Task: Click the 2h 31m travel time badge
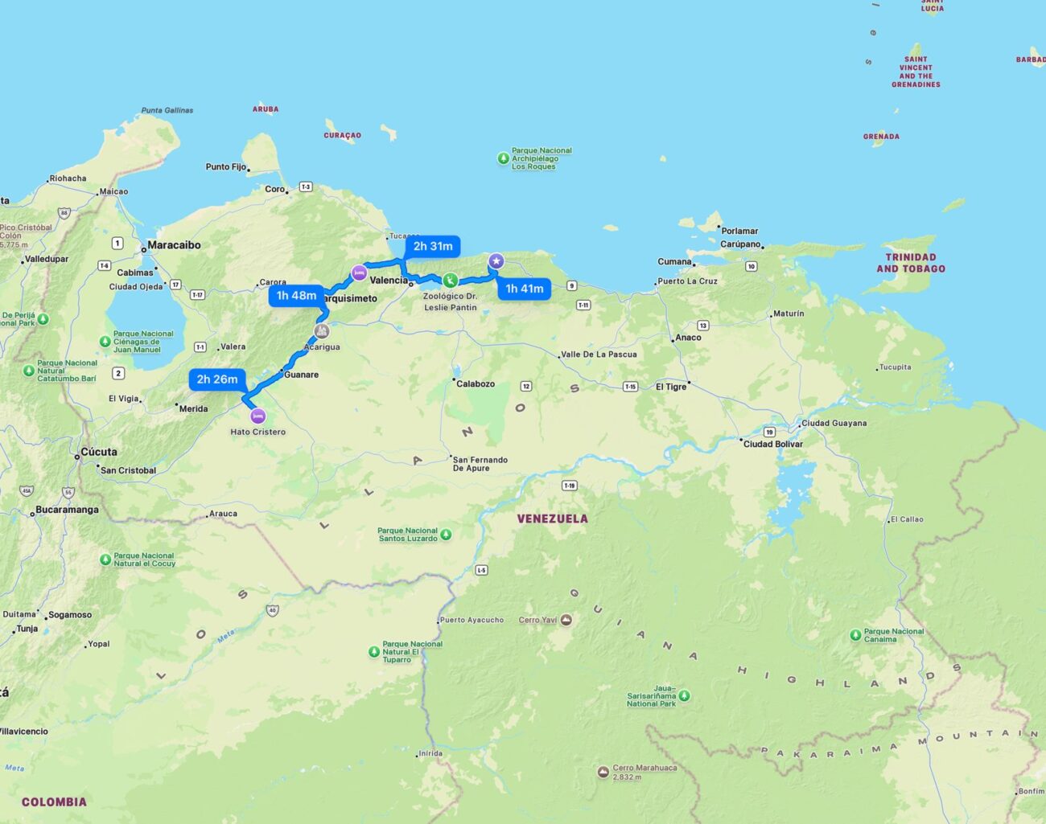[433, 246]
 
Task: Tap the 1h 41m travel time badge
[525, 289]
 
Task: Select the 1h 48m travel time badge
[296, 296]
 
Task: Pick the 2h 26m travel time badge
[217, 379]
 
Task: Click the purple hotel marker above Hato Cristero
[257, 416]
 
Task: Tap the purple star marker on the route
[496, 260]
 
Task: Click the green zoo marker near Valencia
[451, 280]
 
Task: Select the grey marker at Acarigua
[322, 331]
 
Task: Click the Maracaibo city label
[174, 245]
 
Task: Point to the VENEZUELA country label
[552, 519]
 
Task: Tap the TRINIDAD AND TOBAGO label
[911, 263]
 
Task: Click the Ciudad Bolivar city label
[772, 444]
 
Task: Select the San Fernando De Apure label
[480, 464]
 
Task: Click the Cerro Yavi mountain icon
[566, 620]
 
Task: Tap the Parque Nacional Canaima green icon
[855, 635]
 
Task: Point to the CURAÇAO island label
[343, 136]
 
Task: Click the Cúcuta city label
[99, 452]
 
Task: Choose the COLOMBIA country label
[54, 801]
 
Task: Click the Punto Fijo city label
[226, 167]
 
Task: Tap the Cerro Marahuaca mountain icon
[603, 772]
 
